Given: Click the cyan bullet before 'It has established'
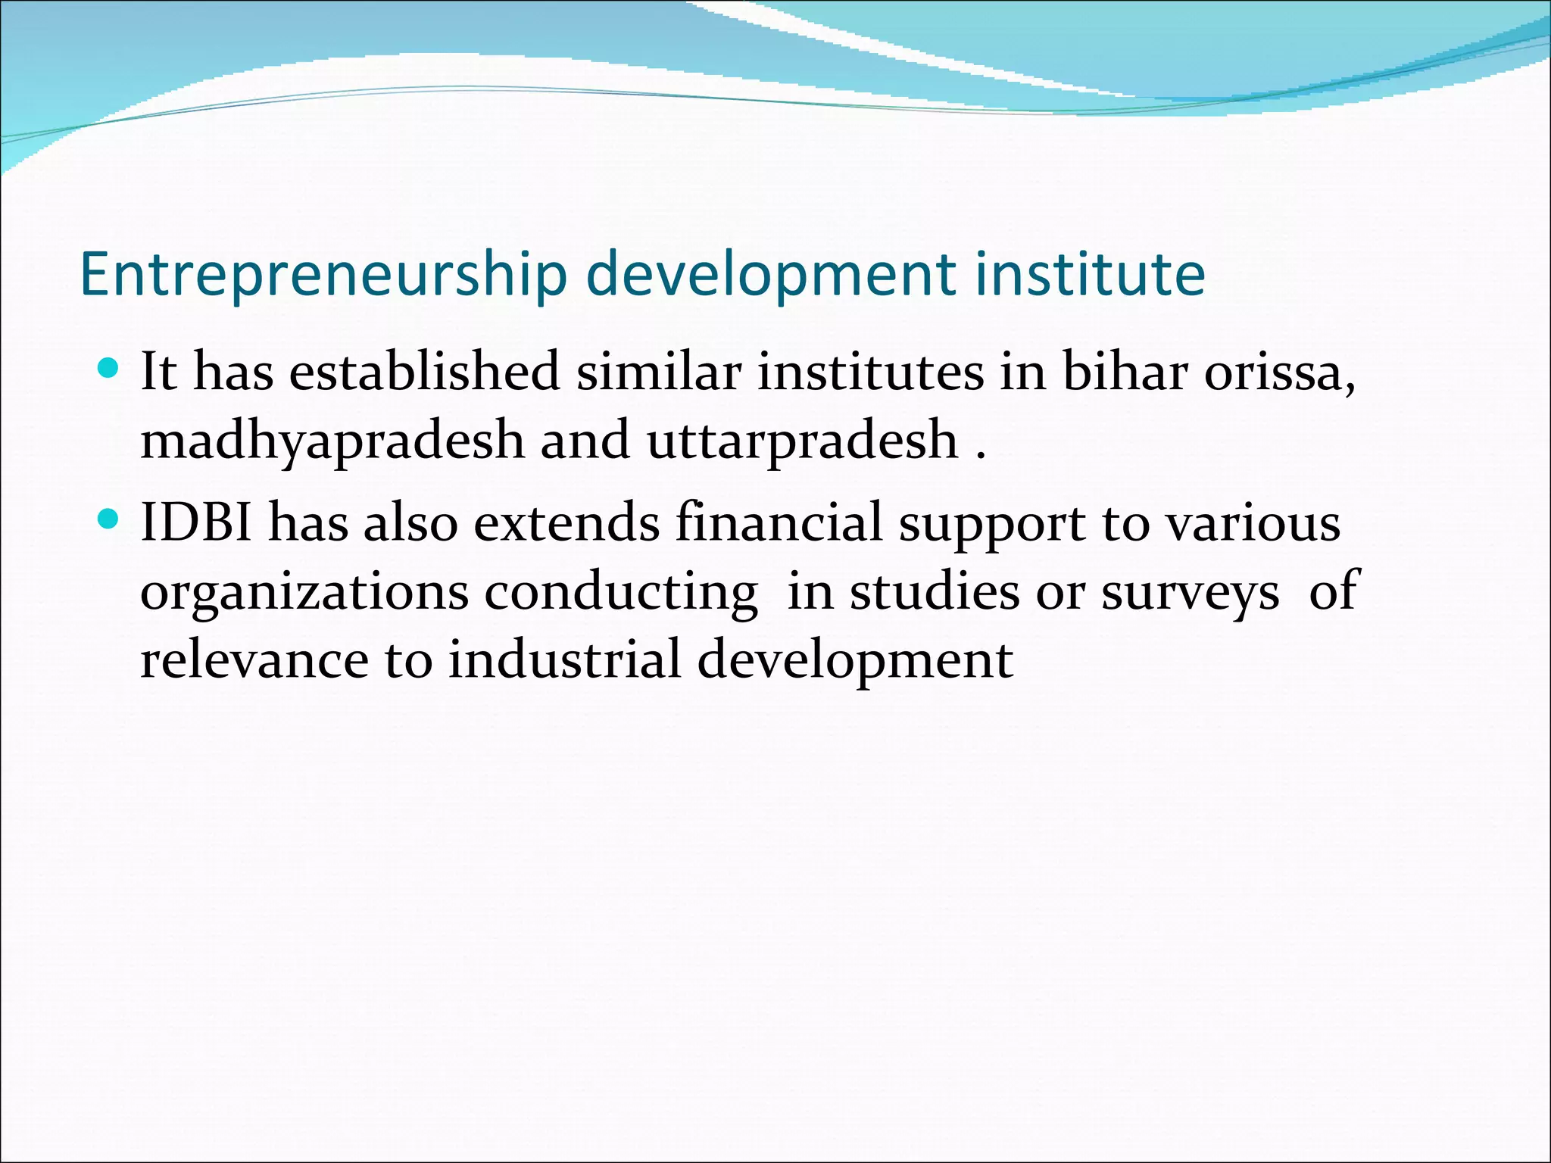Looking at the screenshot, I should tap(109, 369).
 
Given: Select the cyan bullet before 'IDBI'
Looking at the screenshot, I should tap(109, 520).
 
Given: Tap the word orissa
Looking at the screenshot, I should tap(1279, 373).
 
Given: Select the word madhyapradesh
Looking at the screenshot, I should tap(332, 441).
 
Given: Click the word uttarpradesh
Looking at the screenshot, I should tap(803, 441).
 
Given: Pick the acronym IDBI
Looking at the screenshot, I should tap(196, 522).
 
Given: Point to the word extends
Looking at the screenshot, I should tap(567, 522).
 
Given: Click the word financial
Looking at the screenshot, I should tap(779, 522).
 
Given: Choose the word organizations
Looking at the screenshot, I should tap(304, 592).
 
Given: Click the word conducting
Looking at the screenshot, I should tap(621, 592).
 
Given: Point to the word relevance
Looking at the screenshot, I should tap(254, 660).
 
